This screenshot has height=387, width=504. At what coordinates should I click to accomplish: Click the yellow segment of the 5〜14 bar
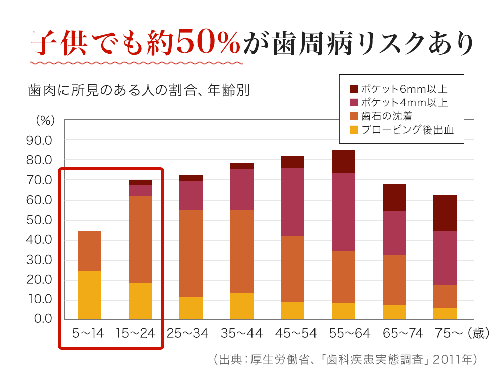tap(89, 295)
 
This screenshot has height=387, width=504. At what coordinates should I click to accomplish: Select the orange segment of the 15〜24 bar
tap(140, 239)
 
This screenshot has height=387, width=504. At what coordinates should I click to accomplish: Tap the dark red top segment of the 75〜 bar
tap(445, 213)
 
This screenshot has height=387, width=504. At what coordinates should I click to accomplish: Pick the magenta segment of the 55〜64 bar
tap(343, 212)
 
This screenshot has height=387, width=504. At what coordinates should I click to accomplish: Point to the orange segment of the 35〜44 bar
tap(242, 251)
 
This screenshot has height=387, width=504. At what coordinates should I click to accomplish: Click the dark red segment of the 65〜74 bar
tap(394, 197)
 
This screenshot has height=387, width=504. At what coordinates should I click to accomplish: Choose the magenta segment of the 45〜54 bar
tap(292, 202)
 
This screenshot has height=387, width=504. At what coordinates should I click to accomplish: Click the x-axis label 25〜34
tap(187, 333)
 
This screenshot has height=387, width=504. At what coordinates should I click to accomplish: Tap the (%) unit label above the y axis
tap(45, 121)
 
